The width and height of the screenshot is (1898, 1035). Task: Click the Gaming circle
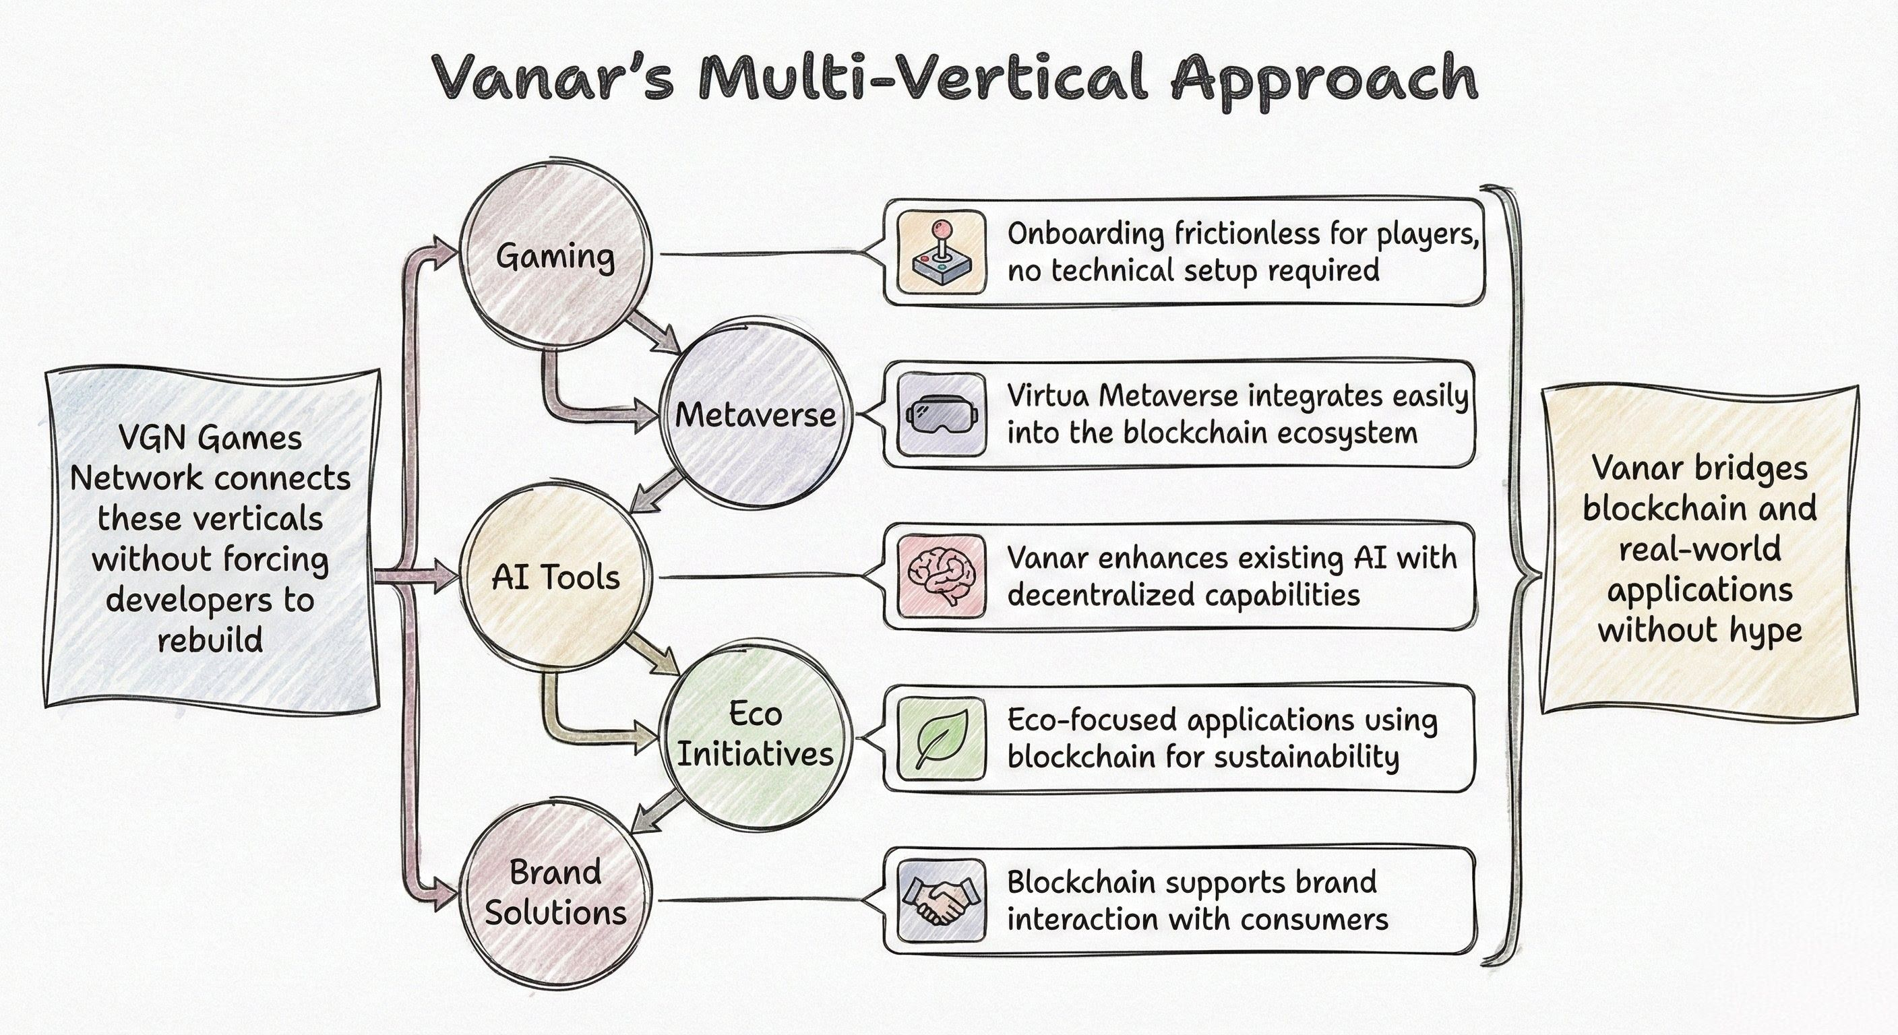[556, 255]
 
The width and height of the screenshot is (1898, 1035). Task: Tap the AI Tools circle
[555, 577]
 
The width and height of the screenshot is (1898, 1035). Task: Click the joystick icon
[942, 253]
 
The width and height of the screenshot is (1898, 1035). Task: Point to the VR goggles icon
[942, 414]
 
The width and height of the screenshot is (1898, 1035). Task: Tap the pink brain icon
[942, 576]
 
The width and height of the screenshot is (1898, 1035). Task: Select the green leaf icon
[942, 738]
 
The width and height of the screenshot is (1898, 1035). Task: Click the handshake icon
[942, 900]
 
